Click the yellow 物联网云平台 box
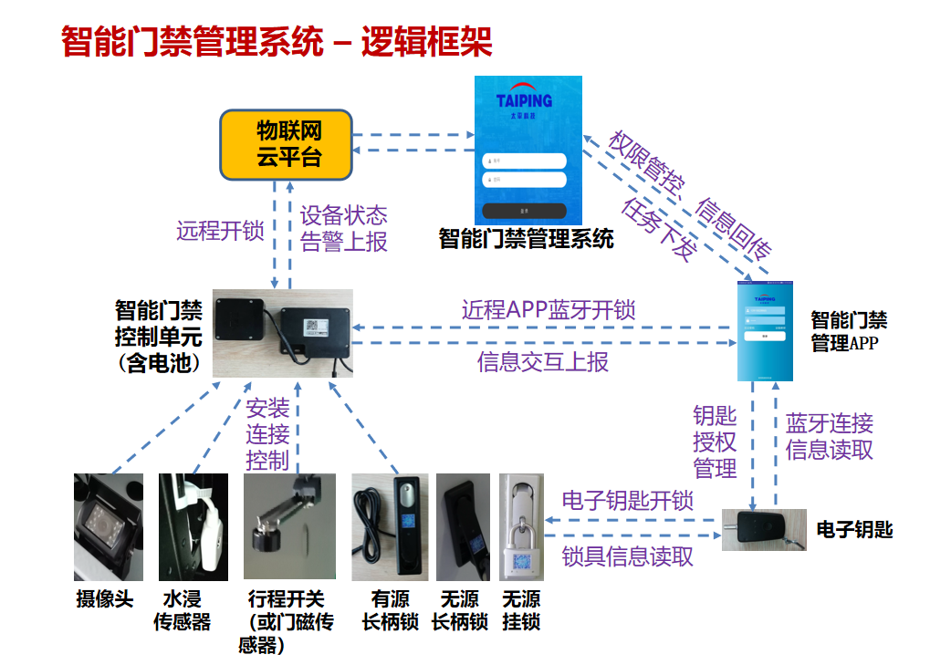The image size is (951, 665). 287,144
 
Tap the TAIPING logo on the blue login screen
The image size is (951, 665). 525,99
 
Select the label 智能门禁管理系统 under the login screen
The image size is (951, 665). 526,240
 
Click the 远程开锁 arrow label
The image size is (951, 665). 221,231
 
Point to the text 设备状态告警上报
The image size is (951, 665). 344,228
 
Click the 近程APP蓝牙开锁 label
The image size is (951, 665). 549,309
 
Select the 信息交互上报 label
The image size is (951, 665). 543,362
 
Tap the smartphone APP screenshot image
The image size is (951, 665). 765,330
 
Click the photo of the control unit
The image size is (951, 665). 282,333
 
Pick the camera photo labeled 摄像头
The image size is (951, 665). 109,526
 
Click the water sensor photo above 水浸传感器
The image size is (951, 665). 193,526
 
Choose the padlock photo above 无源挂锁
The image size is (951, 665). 521,526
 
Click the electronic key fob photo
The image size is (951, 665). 764,529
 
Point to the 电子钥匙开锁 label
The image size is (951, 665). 628,500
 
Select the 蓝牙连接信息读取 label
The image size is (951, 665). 830,436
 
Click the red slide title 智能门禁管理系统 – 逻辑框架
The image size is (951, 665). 277,42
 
